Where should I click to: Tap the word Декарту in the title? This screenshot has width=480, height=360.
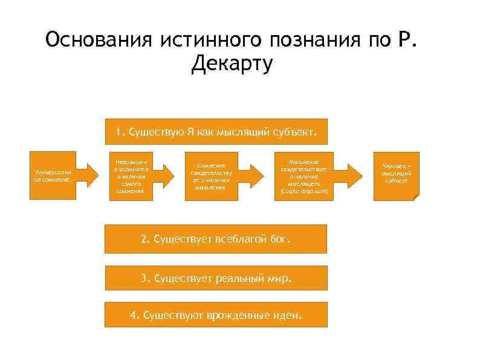click(232, 63)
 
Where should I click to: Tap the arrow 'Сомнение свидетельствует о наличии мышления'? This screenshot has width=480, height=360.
click(215, 175)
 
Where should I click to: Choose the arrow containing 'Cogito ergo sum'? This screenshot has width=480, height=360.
click(308, 175)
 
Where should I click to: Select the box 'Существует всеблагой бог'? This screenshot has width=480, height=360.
click(216, 239)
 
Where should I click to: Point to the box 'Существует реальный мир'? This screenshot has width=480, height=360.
click(216, 279)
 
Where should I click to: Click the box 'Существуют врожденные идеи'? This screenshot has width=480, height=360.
click(216, 316)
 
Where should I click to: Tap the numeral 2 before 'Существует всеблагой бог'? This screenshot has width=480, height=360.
click(144, 239)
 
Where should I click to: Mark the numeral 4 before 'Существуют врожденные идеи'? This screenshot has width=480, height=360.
click(133, 316)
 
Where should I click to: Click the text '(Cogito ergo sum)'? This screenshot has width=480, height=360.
click(305, 191)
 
